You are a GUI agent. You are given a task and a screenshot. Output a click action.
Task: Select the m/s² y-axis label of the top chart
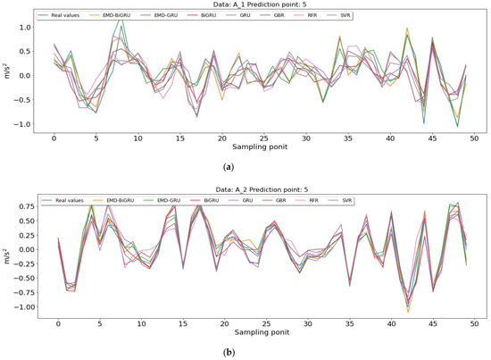[x=7, y=75]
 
